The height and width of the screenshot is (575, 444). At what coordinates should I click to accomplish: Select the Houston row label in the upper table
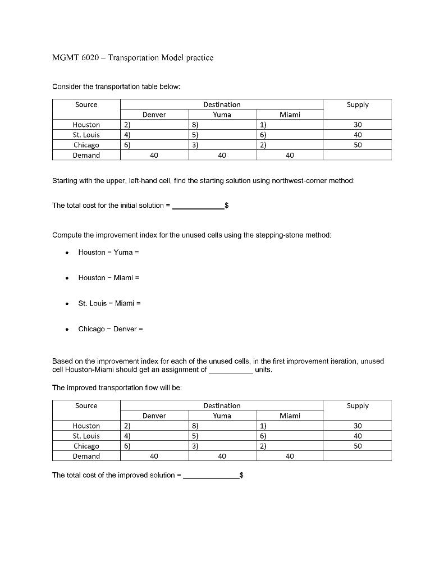click(x=86, y=125)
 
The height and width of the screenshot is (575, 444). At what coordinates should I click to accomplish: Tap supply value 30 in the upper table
click(x=358, y=125)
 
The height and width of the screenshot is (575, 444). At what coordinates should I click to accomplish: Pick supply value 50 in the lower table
click(x=358, y=446)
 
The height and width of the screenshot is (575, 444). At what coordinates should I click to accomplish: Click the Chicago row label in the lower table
click(x=86, y=446)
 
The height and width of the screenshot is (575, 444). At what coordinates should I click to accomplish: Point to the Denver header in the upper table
click(x=154, y=115)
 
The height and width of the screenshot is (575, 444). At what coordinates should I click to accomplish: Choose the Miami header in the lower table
click(x=289, y=416)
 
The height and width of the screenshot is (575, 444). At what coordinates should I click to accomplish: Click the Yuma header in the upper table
click(x=222, y=115)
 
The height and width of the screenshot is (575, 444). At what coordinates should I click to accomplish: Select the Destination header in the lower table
click(x=222, y=405)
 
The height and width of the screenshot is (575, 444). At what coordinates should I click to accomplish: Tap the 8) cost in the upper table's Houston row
click(x=194, y=125)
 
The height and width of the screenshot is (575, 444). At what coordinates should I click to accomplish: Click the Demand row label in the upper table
click(x=86, y=155)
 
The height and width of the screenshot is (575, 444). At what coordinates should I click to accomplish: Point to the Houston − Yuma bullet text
click(x=108, y=252)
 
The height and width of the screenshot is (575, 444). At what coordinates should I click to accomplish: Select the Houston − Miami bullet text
click(x=108, y=278)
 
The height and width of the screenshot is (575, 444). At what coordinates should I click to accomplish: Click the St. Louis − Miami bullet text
click(x=109, y=303)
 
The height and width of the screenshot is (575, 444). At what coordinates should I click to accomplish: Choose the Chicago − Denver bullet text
click(x=110, y=329)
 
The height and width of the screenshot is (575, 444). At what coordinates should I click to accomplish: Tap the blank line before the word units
click(x=230, y=371)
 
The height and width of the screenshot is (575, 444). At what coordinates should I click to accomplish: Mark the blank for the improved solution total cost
click(x=211, y=476)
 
